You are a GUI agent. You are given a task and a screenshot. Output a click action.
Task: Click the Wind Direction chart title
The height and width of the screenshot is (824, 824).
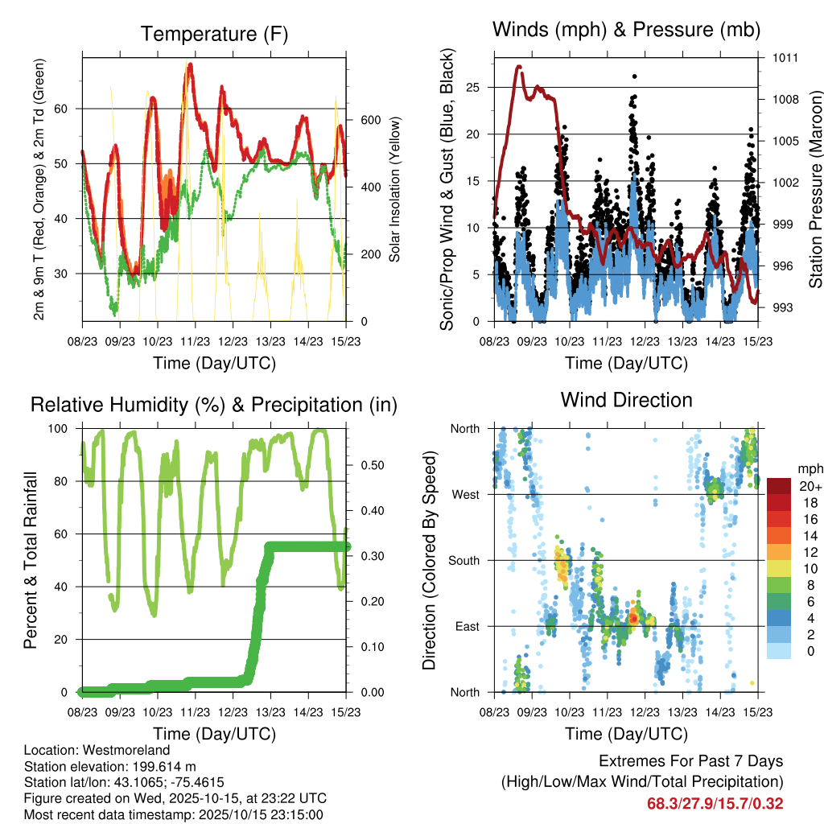click(x=626, y=400)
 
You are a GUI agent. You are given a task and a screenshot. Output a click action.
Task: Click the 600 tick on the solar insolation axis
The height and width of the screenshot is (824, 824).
click(x=369, y=120)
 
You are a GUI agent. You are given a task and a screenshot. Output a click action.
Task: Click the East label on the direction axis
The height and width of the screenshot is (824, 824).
click(x=466, y=626)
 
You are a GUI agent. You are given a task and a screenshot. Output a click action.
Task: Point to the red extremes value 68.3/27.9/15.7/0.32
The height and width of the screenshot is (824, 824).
click(x=715, y=804)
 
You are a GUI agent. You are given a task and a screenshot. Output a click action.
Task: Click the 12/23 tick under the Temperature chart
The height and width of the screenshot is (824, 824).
click(x=233, y=340)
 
